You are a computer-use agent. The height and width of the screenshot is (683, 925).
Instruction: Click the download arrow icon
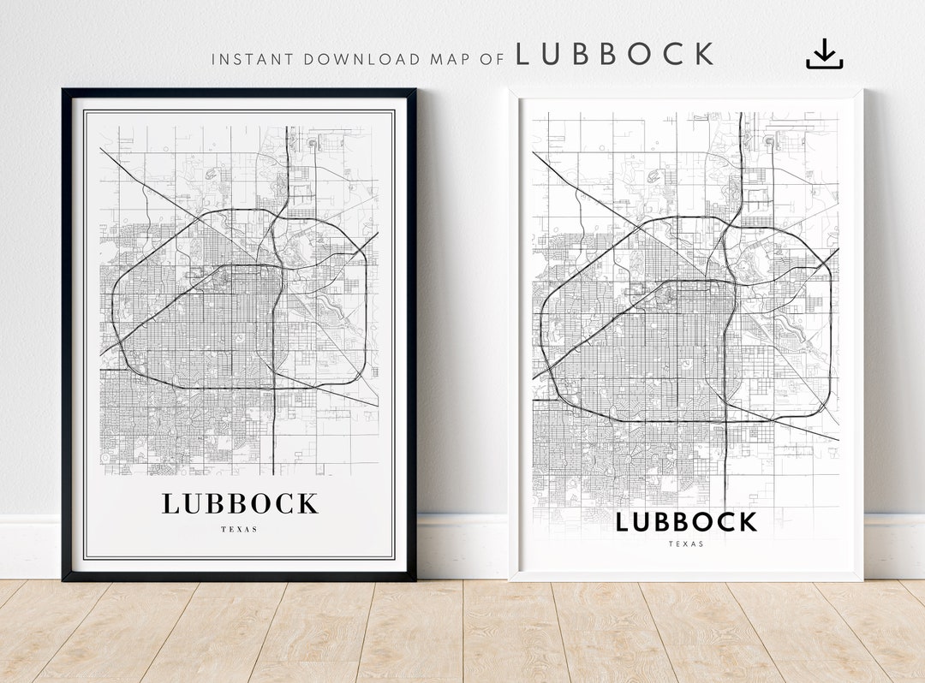pyautogui.click(x=824, y=54)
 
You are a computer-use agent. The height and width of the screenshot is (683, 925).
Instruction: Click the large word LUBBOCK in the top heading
pyautogui.click(x=614, y=55)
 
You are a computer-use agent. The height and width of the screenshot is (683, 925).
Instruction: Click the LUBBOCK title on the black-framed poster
pyautogui.click(x=240, y=504)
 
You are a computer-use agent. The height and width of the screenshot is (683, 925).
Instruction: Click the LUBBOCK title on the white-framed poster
pyautogui.click(x=686, y=521)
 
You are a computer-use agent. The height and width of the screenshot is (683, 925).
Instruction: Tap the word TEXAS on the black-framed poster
pyautogui.click(x=239, y=529)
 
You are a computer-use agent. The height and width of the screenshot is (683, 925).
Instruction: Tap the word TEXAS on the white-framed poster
pyautogui.click(x=686, y=543)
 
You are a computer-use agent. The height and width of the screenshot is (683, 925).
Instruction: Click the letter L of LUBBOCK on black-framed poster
pyautogui.click(x=170, y=504)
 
